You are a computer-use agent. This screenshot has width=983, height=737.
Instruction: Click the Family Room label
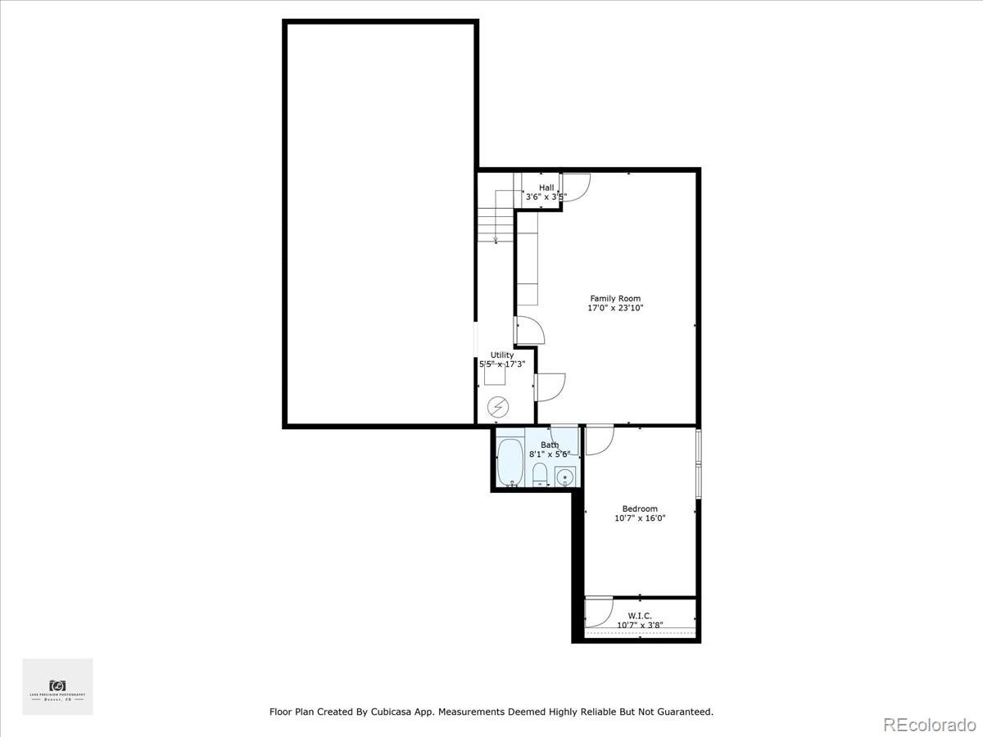615,299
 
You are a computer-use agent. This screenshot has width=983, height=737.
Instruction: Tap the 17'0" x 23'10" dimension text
615,309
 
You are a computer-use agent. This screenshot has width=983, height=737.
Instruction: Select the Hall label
546,188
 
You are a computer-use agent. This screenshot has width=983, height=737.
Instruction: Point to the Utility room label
502,355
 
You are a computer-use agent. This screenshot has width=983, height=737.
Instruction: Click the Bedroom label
640,509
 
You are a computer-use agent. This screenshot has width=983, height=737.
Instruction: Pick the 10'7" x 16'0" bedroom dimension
640,518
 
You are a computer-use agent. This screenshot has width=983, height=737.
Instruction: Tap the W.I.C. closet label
640,615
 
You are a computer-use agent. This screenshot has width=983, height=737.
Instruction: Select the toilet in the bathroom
540,474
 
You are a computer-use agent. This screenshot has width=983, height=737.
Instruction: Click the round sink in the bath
565,477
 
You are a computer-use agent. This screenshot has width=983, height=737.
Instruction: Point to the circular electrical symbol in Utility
497,406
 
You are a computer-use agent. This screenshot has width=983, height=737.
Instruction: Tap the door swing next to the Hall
575,188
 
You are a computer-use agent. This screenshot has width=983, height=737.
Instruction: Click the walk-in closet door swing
599,612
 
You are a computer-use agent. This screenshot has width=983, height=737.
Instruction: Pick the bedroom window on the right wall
698,463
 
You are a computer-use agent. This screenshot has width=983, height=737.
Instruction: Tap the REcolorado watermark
928,724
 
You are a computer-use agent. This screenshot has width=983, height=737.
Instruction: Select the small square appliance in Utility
494,375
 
